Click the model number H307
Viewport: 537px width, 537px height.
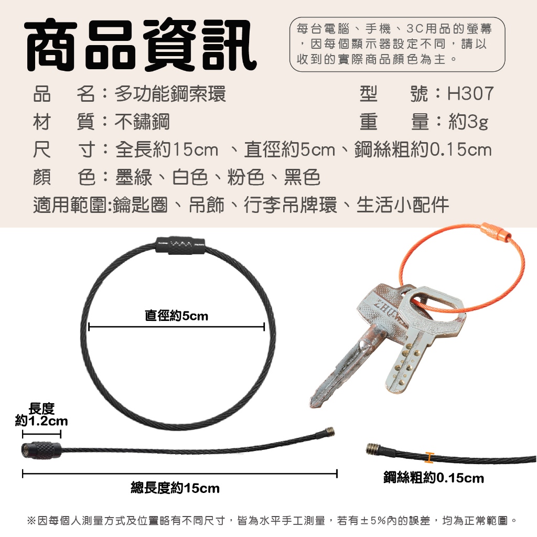pyautogui.click(x=470, y=93)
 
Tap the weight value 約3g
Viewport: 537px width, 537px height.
pyautogui.click(x=468, y=122)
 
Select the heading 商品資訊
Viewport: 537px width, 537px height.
pyautogui.click(x=141, y=45)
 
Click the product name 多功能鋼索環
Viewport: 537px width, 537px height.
pyautogui.click(x=170, y=93)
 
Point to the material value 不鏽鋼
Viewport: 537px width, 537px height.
pyautogui.click(x=142, y=122)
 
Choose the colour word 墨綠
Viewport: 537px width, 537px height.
pyautogui.click(x=134, y=177)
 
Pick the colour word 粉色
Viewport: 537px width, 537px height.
pyautogui.click(x=245, y=177)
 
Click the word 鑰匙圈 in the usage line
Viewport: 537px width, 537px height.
pyautogui.click(x=140, y=205)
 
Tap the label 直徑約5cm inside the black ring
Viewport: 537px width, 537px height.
pyautogui.click(x=176, y=315)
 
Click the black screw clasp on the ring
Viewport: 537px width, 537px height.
pyautogui.click(x=180, y=245)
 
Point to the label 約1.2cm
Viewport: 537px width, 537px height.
pyautogui.click(x=41, y=421)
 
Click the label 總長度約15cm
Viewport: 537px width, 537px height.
pyautogui.click(x=175, y=488)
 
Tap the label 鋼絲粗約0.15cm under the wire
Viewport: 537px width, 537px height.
pyautogui.click(x=434, y=477)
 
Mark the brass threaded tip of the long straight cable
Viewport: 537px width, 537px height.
pyautogui.click(x=329, y=432)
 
